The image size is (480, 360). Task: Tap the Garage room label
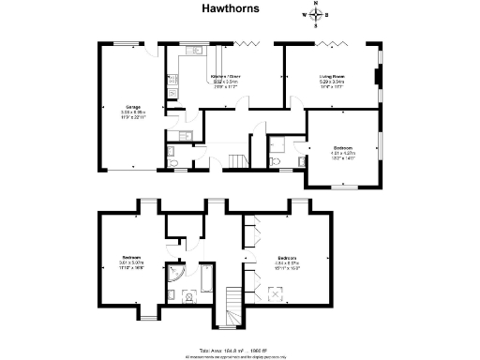point(122,108)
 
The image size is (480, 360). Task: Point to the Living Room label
point(332,79)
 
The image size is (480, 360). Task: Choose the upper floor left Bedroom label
point(130,258)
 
